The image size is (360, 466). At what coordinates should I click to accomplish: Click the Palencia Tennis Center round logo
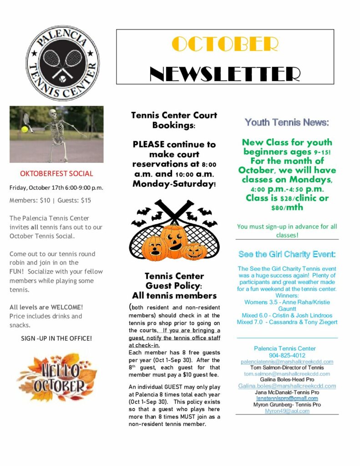point(62,63)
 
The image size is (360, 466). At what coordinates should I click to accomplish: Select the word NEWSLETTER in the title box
point(225,73)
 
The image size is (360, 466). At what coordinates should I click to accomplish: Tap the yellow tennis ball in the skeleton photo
point(25,129)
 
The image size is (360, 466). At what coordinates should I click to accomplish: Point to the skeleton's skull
point(53,114)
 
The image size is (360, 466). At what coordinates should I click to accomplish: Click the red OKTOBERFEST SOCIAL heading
point(56,173)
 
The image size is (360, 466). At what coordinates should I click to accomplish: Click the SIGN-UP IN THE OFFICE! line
point(56,338)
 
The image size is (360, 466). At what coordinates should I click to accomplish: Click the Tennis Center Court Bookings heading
point(174,120)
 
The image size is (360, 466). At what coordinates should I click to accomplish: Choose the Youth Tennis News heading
point(287,122)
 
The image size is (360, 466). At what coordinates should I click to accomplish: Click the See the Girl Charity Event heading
point(287,254)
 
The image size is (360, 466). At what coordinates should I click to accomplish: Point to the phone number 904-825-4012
point(287,355)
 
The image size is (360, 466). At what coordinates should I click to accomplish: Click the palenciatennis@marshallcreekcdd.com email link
point(287,362)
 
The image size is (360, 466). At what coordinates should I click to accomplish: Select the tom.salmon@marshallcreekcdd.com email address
point(287,374)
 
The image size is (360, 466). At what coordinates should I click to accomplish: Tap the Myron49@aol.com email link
point(287,411)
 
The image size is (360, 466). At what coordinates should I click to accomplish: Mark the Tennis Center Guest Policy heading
point(174,280)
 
